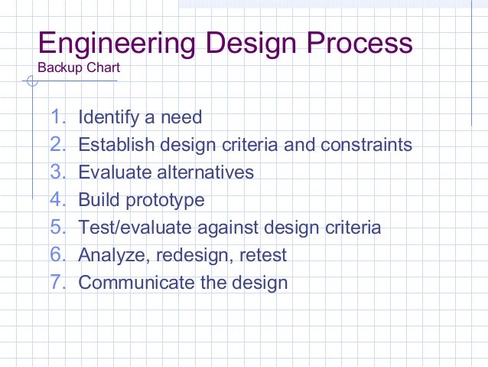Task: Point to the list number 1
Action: point(58,118)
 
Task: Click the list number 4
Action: point(58,201)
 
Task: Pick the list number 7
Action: point(58,283)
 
